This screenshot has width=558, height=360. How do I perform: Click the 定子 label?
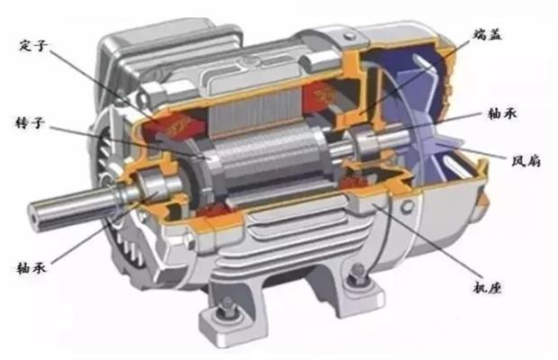(33, 46)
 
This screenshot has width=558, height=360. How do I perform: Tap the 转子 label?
(31, 123)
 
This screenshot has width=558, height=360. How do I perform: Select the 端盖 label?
(488, 34)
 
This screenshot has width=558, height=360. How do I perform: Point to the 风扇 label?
(526, 161)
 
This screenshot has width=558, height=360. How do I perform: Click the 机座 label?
(487, 287)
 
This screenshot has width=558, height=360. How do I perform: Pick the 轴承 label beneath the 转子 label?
(31, 267)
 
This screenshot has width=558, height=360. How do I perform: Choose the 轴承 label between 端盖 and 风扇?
(502, 113)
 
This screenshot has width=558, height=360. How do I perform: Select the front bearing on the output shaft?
(152, 184)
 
